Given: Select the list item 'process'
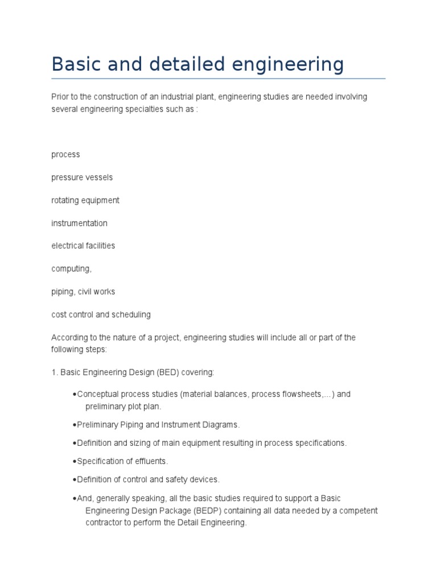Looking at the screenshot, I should (65, 155).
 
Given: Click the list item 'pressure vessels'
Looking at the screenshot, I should (82, 178).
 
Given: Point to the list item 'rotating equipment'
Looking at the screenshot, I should (85, 200).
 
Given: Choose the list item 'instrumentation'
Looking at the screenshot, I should (79, 223).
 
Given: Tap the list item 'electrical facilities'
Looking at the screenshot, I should (83, 246).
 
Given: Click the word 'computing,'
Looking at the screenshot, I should (71, 269).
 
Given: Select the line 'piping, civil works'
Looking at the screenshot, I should (83, 291).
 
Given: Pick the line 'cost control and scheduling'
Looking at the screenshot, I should (101, 314).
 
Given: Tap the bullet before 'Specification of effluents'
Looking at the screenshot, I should (75, 461).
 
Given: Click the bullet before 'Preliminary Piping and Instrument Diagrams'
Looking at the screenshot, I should (75, 425).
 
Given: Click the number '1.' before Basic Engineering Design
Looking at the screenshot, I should (55, 372).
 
